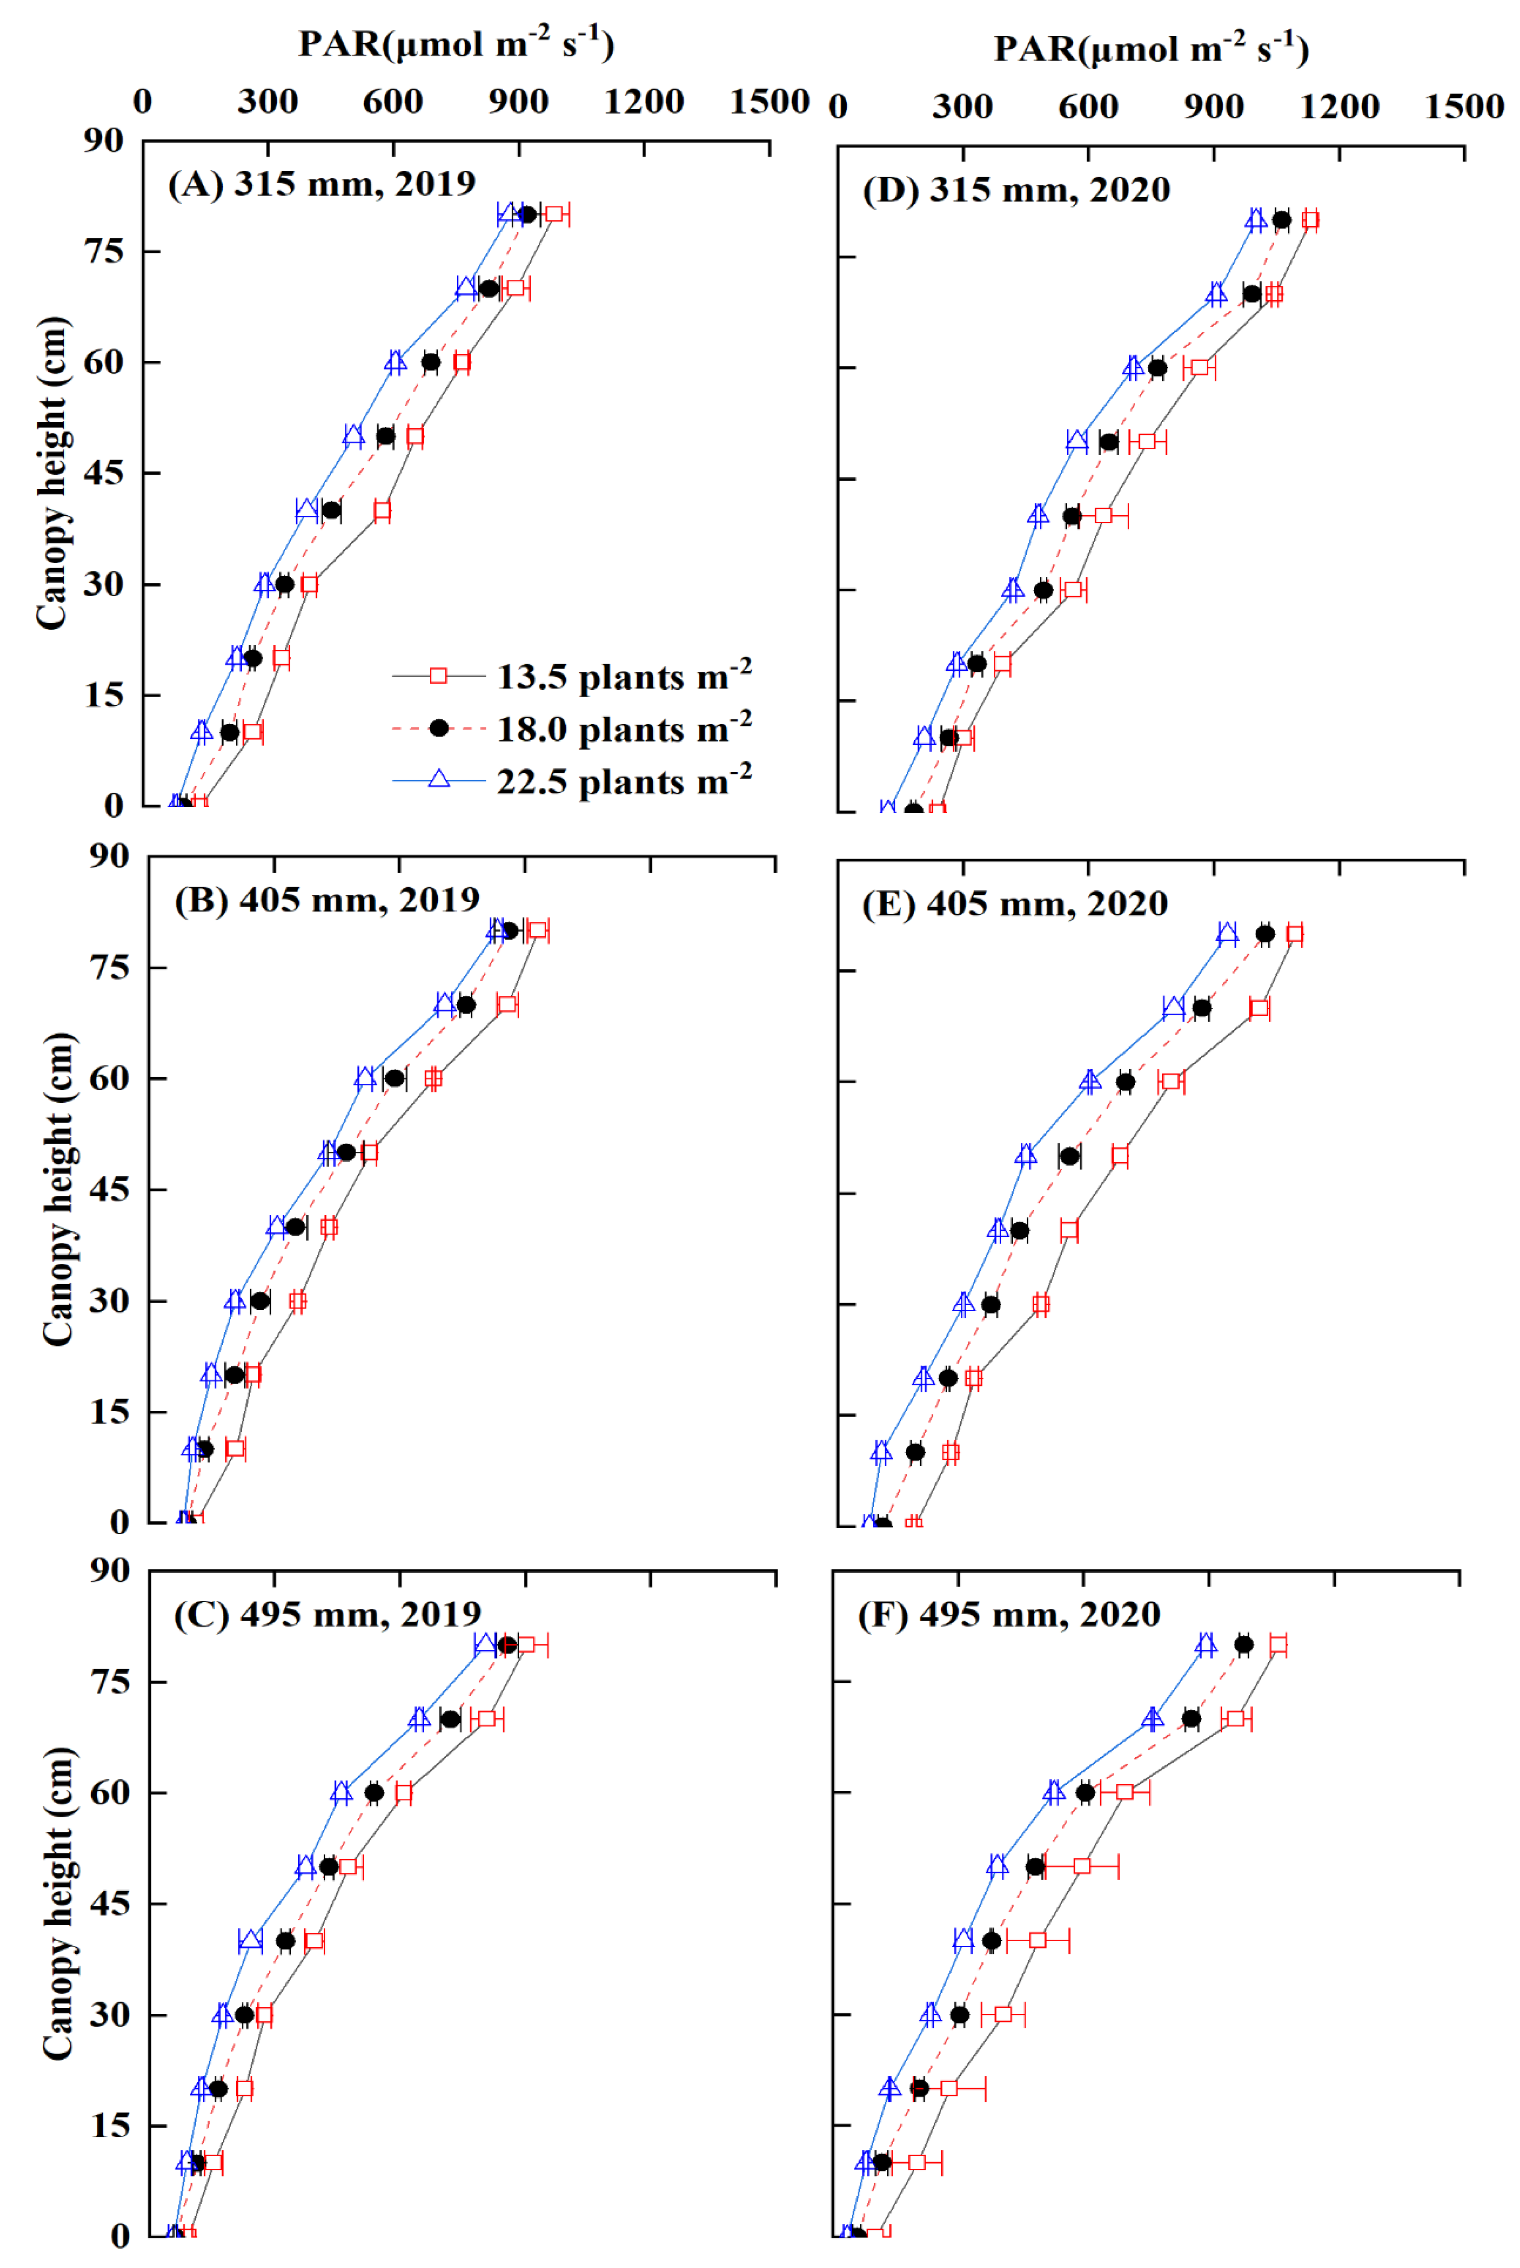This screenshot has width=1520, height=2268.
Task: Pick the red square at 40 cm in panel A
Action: pyautogui.click(x=382, y=510)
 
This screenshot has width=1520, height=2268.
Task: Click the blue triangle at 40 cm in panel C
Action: pyautogui.click(x=250, y=1940)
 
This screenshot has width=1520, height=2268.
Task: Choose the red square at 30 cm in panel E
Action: pyautogui.click(x=1040, y=1304)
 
